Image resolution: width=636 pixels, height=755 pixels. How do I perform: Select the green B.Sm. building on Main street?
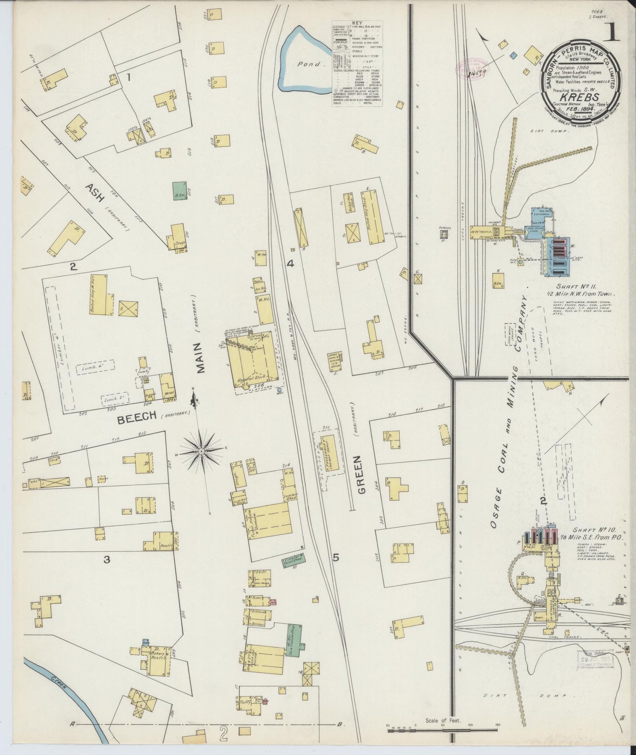click(x=180, y=192)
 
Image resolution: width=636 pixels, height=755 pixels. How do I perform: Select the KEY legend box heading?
click(x=357, y=22)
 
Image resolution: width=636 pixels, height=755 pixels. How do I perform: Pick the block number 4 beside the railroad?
click(x=290, y=264)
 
